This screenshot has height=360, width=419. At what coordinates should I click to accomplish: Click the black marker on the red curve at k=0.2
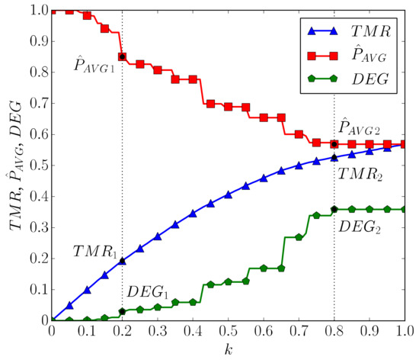pyautogui.click(x=123, y=57)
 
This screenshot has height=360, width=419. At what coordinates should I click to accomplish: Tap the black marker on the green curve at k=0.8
pyautogui.click(x=334, y=209)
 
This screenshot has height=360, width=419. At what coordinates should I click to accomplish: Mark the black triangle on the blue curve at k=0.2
pyautogui.click(x=123, y=261)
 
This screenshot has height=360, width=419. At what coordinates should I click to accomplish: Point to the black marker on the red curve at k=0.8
pyautogui.click(x=334, y=144)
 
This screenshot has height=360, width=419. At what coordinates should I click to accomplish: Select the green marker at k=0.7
pyautogui.click(x=299, y=237)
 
